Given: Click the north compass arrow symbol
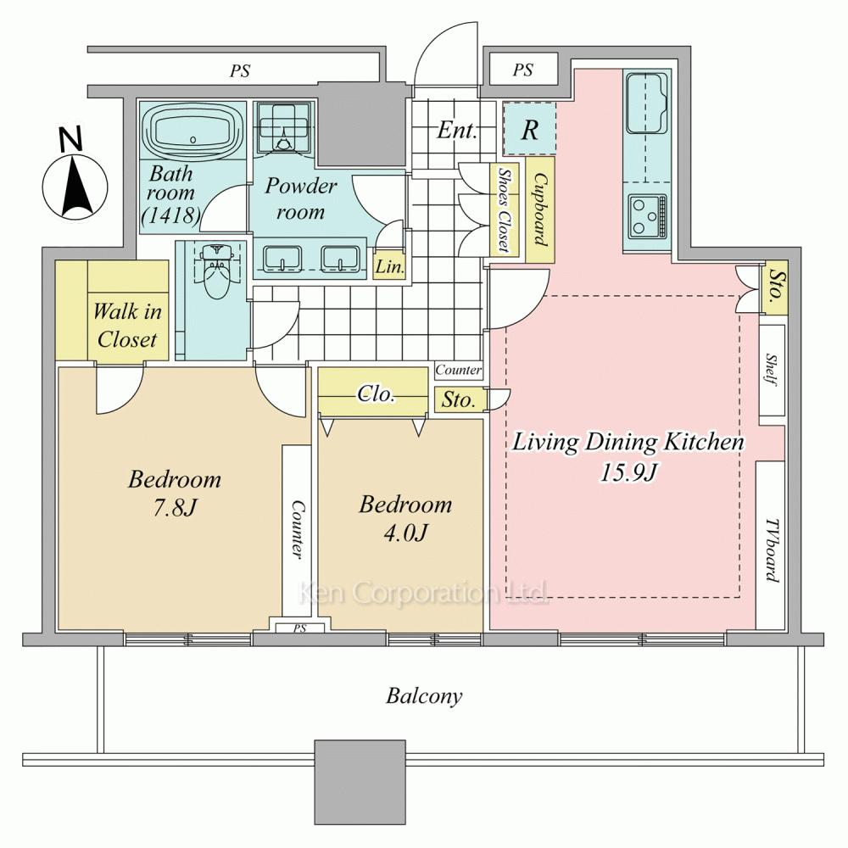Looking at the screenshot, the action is pyautogui.click(x=75, y=187).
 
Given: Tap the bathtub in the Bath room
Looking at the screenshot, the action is pyautogui.click(x=193, y=131).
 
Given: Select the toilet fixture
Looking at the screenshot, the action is pyautogui.click(x=215, y=271).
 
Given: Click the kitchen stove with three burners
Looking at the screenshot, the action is pyautogui.click(x=647, y=217).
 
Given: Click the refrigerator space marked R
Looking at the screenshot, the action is pyautogui.click(x=529, y=129).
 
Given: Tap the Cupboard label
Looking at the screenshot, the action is pyautogui.click(x=540, y=209).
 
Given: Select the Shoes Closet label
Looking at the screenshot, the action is pyautogui.click(x=504, y=209).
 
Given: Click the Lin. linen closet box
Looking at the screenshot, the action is pyautogui.click(x=389, y=265).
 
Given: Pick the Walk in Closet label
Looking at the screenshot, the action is pyautogui.click(x=128, y=325).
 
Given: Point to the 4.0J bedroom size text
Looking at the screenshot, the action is pyautogui.click(x=405, y=533).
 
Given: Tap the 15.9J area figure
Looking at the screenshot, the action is pyautogui.click(x=628, y=472).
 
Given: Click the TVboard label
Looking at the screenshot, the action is pyautogui.click(x=773, y=550).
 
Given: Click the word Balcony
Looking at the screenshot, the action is pyautogui.click(x=424, y=696).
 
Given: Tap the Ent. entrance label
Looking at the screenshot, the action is pyautogui.click(x=457, y=130).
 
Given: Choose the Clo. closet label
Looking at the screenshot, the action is pyautogui.click(x=376, y=393).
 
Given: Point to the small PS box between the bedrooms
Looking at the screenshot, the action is pyautogui.click(x=299, y=628).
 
